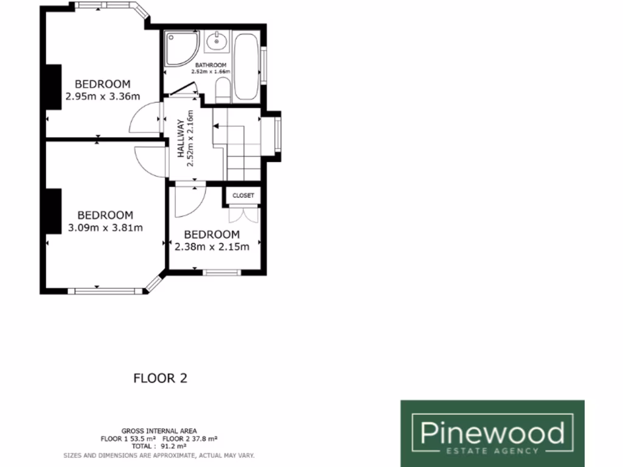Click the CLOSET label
click(x=243, y=195)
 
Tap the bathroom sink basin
click(x=217, y=42)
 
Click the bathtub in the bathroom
click(x=247, y=66)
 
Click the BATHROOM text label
click(x=211, y=65)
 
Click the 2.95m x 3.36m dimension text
click(x=102, y=95)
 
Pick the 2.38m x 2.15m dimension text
click(x=212, y=247)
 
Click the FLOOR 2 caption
click(x=160, y=378)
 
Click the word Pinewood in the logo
click(x=492, y=434)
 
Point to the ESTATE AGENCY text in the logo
click(x=492, y=451)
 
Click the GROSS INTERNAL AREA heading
click(x=159, y=431)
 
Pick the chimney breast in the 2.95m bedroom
click(x=53, y=87)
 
